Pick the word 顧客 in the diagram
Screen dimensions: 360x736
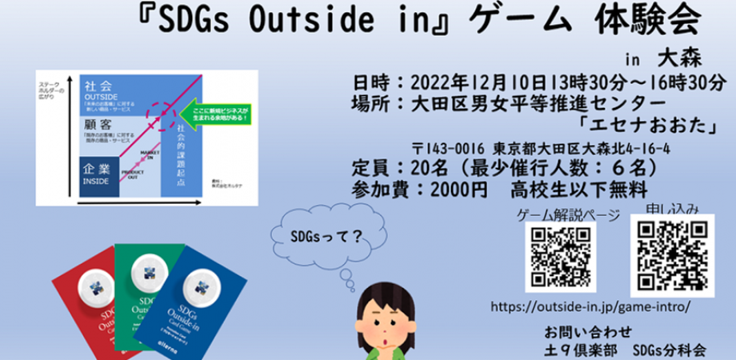(x=94, y=125)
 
